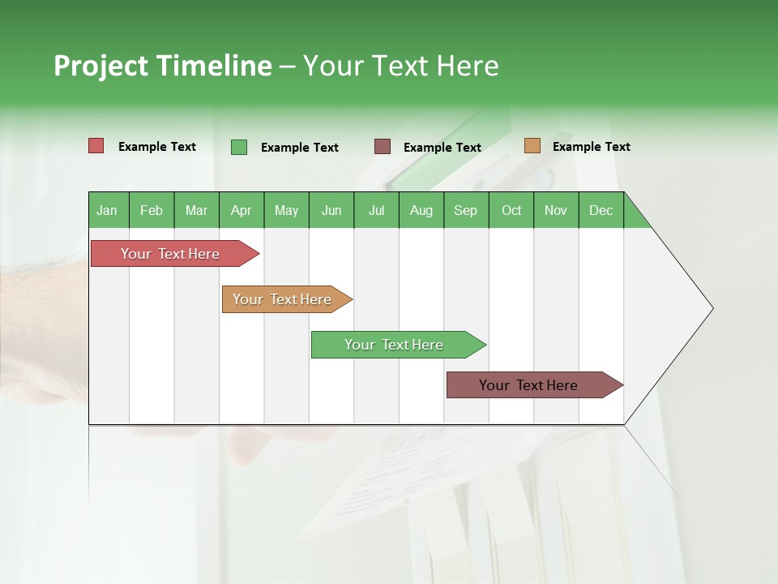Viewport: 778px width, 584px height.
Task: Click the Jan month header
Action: [x=108, y=210]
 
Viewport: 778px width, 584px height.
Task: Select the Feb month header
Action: [x=152, y=210]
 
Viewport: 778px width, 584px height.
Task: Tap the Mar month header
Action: [x=196, y=210]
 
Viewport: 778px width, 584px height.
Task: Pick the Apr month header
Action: [x=242, y=210]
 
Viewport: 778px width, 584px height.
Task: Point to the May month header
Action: [x=286, y=210]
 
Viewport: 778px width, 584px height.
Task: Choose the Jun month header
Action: [x=331, y=210]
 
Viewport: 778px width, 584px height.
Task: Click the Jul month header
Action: [x=376, y=210]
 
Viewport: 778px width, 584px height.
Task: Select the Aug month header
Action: [x=421, y=210]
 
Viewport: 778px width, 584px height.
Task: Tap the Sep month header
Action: [x=466, y=210]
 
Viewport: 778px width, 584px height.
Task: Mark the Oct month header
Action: [x=511, y=210]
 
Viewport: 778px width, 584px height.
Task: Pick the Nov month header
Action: [x=556, y=210]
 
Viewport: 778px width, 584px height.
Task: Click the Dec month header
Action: [x=601, y=210]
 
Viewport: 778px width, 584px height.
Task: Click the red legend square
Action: [x=96, y=146]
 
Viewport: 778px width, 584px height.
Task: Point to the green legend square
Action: [x=239, y=147]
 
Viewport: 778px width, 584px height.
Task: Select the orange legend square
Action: [x=532, y=146]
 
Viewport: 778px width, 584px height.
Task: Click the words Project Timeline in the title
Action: [x=163, y=66]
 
